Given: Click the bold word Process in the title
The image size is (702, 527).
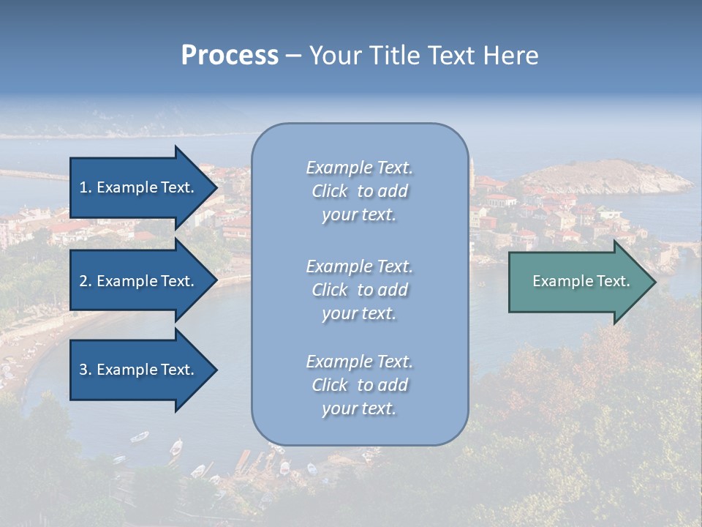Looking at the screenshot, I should click(x=230, y=56).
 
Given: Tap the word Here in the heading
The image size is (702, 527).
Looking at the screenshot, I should click(x=510, y=56).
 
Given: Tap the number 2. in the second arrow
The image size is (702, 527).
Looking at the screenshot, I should click(x=86, y=281).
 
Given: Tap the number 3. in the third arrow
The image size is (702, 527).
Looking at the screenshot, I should click(x=86, y=370).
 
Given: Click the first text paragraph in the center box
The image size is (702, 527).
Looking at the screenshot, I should click(x=359, y=191).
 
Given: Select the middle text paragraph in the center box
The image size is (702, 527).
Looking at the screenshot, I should click(x=359, y=290).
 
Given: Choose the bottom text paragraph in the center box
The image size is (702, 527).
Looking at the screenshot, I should click(x=359, y=385).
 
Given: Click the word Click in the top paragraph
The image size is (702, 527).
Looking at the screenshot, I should click(x=329, y=191).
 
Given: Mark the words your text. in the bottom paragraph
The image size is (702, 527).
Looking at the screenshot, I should click(x=359, y=408).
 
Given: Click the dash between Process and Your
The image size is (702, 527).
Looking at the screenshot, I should click(x=293, y=56).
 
